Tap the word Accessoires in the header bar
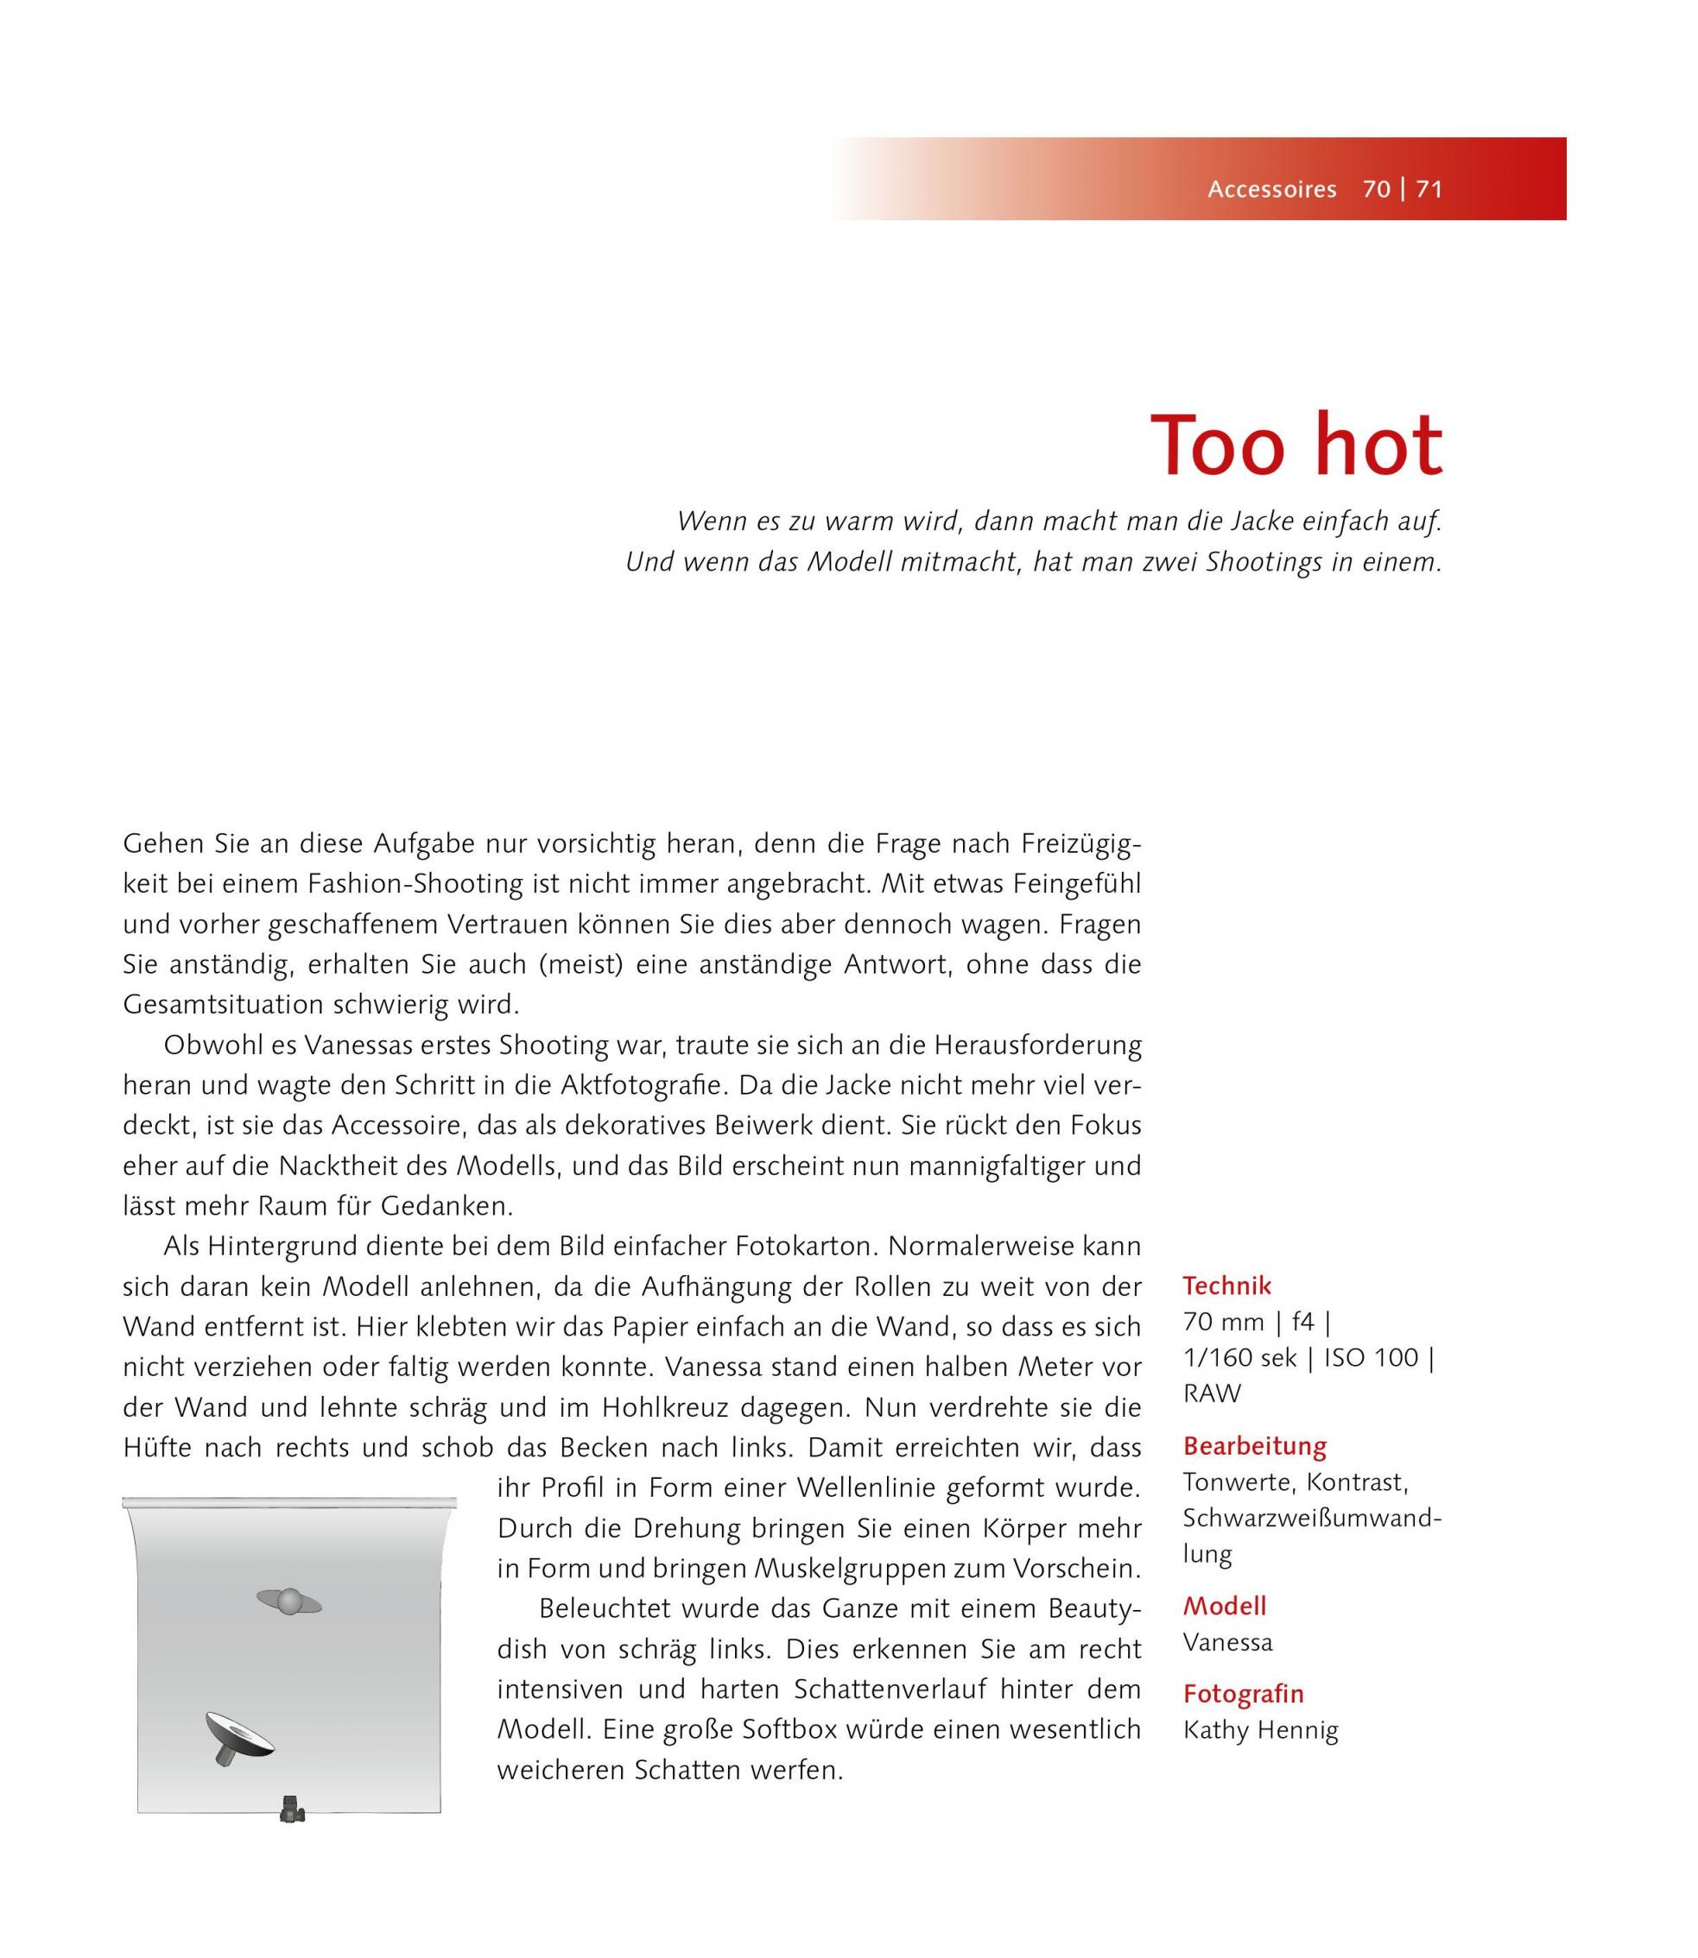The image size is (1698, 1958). [1271, 189]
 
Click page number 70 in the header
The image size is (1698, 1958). [1376, 189]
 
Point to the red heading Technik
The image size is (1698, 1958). [1226, 1285]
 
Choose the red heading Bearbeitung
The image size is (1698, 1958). [1255, 1445]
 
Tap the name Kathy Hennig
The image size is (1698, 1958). [1260, 1731]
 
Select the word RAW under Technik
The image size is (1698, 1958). [1212, 1393]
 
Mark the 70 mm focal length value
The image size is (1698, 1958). [1223, 1322]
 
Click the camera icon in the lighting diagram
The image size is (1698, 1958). [292, 1810]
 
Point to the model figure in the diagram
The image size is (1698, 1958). [289, 1601]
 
